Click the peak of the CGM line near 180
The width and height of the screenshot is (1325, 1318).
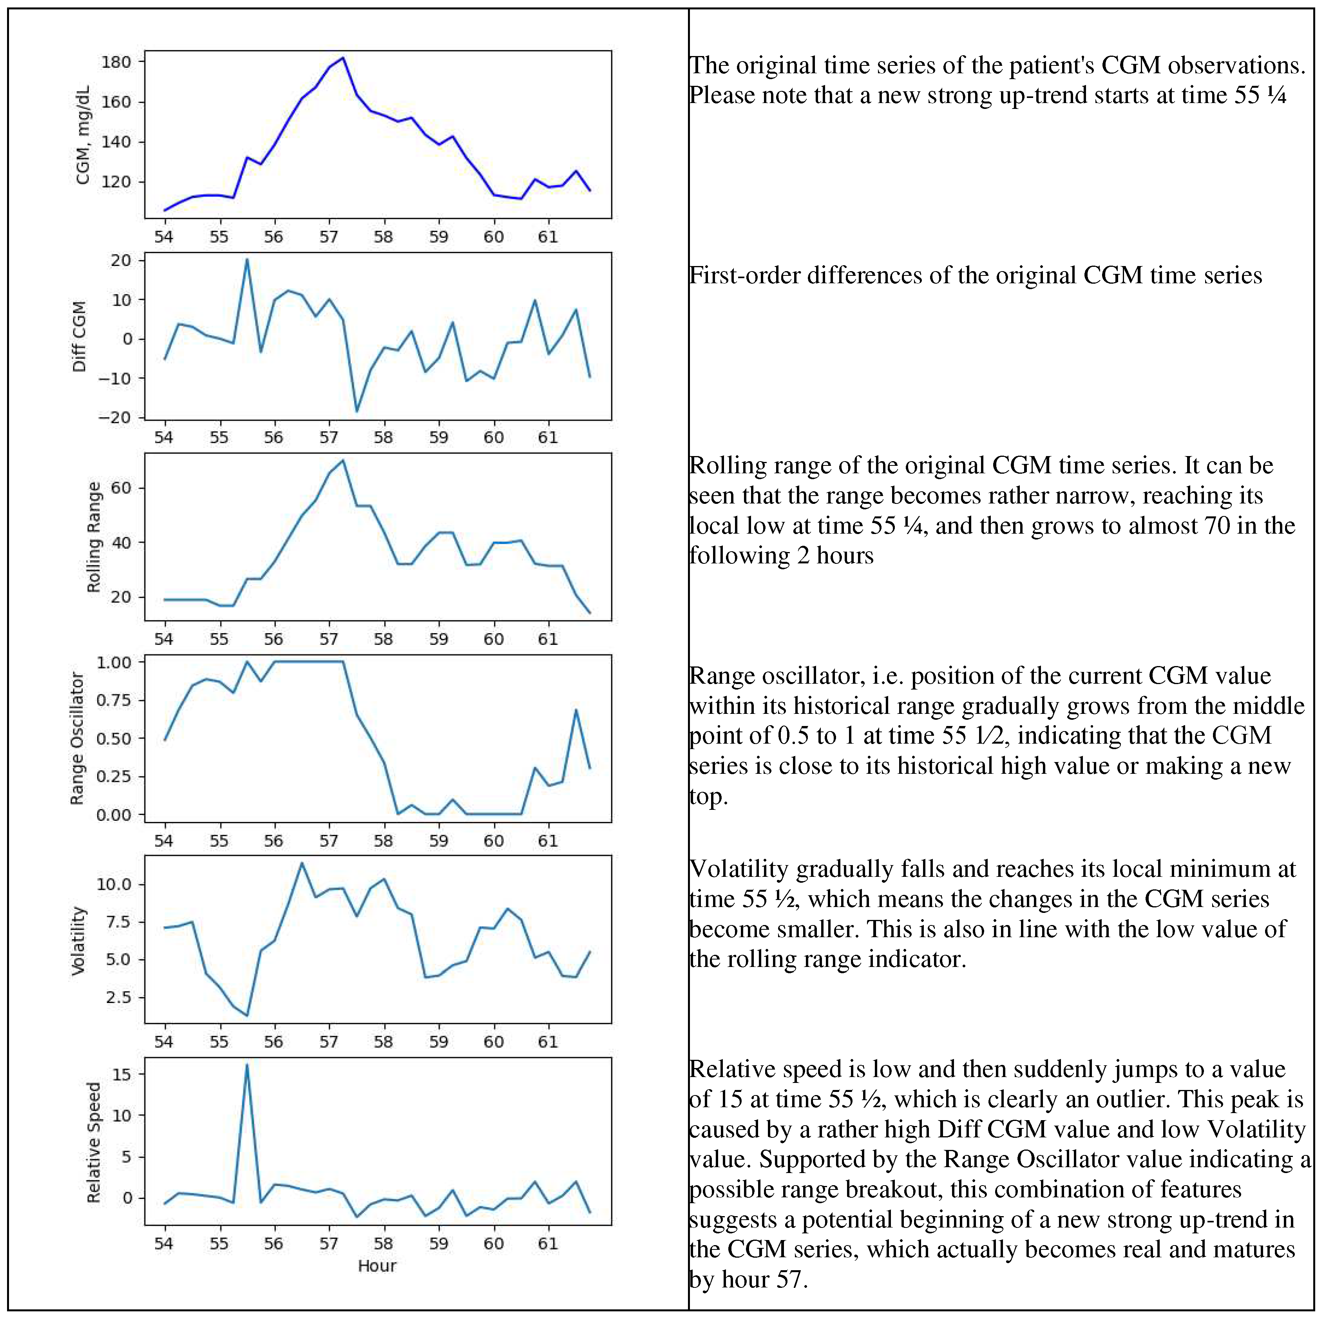[343, 58]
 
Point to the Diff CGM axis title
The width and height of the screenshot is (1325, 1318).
[80, 337]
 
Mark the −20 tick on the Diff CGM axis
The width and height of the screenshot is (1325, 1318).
[114, 418]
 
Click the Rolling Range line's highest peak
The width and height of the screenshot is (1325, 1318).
[343, 460]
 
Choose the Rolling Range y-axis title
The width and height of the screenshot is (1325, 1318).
[94, 537]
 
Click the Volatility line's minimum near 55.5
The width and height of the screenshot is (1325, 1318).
[247, 1016]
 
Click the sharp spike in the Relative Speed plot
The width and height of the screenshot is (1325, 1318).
[247, 1065]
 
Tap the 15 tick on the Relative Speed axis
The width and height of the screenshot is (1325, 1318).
[121, 1075]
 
